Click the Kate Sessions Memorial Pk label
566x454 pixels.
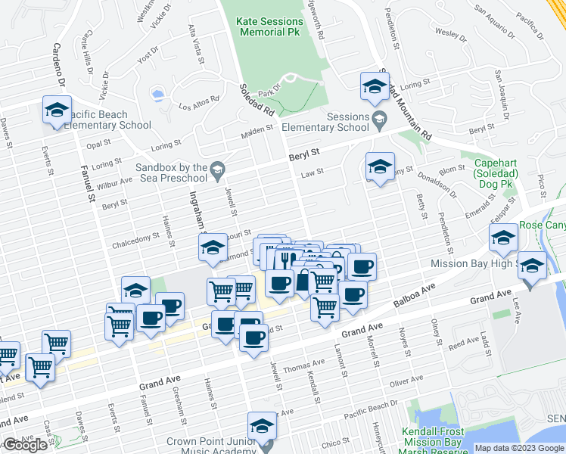pyautogui.click(x=269, y=28)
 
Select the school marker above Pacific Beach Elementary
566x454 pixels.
pyautogui.click(x=57, y=110)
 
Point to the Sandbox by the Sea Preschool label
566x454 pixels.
pyautogui.click(x=172, y=173)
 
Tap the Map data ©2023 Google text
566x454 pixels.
pyautogui.click(x=519, y=448)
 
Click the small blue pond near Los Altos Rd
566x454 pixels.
pyautogui.click(x=157, y=95)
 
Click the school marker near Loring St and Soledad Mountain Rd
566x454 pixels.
pyautogui.click(x=374, y=89)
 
